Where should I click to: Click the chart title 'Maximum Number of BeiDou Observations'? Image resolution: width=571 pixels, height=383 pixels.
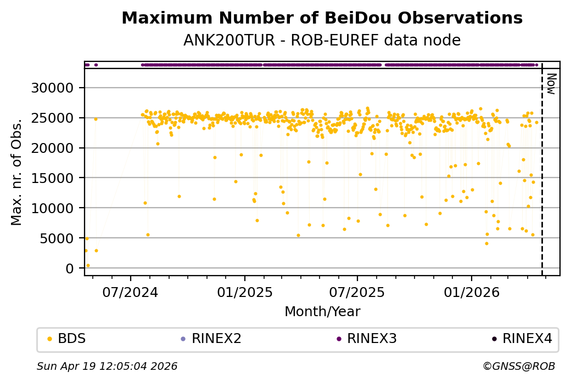pyautogui.click(x=322, y=18)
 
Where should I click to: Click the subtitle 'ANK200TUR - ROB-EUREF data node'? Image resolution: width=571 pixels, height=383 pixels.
pyautogui.click(x=322, y=41)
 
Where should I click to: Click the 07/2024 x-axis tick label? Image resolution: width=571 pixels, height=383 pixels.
pyautogui.click(x=131, y=293)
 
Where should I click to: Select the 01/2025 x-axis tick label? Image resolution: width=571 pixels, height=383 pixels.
pyautogui.click(x=244, y=293)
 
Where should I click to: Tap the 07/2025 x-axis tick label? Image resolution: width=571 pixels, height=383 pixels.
pyautogui.click(x=357, y=293)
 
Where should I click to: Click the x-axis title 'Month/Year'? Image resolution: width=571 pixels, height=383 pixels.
pyautogui.click(x=322, y=312)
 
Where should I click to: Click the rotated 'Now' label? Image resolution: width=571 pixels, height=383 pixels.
pyautogui.click(x=551, y=83)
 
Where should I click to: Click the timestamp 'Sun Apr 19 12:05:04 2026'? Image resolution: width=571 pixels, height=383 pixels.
pyautogui.click(x=107, y=366)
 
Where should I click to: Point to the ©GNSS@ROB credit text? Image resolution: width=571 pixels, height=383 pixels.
pyautogui.click(x=519, y=366)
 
